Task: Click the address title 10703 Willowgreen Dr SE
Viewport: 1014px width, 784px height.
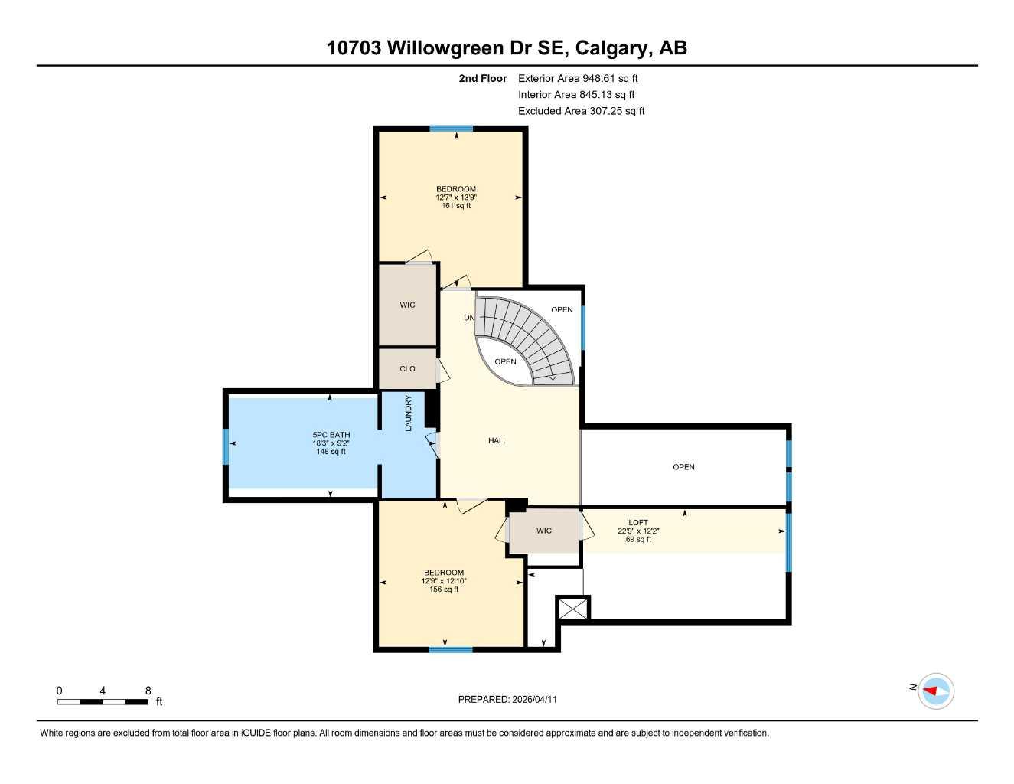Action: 507,47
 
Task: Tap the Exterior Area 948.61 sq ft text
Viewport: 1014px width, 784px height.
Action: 578,78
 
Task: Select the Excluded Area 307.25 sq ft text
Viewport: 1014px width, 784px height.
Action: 581,111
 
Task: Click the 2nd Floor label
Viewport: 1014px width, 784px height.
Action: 483,78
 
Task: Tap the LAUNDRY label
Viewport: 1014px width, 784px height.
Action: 409,413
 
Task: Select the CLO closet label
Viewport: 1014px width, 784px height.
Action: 407,368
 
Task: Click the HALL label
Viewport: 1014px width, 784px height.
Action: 497,440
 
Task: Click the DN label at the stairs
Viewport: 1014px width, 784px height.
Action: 469,317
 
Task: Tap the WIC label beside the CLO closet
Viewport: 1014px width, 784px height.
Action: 407,305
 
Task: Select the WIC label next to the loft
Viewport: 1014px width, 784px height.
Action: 543,531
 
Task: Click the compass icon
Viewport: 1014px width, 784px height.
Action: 935,691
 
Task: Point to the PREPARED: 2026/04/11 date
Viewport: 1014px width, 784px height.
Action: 507,699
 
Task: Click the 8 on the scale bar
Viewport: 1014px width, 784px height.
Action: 148,691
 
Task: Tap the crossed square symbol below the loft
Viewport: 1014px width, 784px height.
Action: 572,609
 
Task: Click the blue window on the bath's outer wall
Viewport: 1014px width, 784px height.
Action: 226,446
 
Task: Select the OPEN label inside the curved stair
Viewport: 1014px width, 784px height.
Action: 505,361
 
